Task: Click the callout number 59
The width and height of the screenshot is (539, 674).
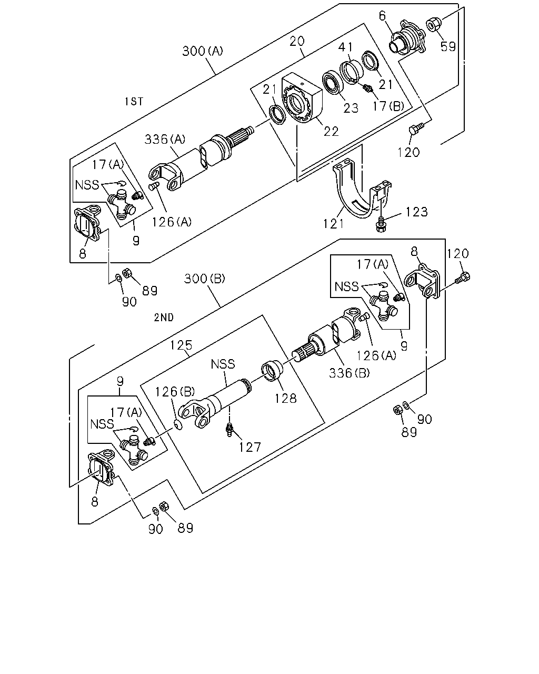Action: pos(447,46)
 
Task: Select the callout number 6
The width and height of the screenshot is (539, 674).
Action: pos(382,16)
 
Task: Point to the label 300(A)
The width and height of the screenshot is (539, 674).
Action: pos(202,51)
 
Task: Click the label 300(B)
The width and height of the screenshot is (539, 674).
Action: pos(204,279)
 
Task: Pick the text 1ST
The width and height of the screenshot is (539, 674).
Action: pos(134,102)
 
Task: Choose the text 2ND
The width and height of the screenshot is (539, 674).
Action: pos(164,318)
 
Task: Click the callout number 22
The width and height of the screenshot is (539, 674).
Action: pos(331,132)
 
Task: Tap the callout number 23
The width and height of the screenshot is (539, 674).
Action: pos(351,108)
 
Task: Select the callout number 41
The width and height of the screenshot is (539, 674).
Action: pos(345,47)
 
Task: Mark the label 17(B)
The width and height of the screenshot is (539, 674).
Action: pos(388,106)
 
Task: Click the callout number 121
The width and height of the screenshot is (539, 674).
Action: pos(334,224)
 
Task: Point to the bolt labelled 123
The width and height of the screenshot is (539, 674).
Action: pos(381,224)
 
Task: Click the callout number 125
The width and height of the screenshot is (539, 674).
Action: pos(181,345)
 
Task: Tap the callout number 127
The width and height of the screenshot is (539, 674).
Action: pos(249,448)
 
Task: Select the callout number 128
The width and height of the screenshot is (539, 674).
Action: pos(285,399)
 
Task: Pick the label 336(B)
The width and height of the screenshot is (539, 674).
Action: pos(349,373)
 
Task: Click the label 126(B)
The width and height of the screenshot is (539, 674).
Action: pos(175,391)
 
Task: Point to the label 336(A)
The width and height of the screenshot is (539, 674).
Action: pos(165,139)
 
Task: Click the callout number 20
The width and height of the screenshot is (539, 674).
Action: pos(297,41)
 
